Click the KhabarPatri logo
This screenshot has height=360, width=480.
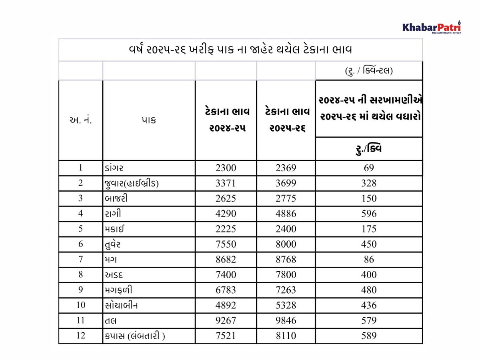pos(431,28)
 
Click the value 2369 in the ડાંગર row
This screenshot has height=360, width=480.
pos(286,168)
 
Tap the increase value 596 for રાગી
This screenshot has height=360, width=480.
pos(368,214)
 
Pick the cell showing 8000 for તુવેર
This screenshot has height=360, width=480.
pos(286,244)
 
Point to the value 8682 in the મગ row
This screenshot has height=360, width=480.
pos(226,259)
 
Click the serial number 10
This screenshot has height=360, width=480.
pos(80,305)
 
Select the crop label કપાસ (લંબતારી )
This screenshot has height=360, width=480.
pos(134,335)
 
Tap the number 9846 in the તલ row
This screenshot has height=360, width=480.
pos(286,320)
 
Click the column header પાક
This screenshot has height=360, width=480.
pos(148,120)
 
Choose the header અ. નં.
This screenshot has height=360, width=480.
pos(80,120)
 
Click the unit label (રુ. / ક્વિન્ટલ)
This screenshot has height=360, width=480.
pos(368,71)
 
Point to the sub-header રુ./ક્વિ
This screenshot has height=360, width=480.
pos(368,149)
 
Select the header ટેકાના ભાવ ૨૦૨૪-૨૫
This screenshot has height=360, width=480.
pos(226,120)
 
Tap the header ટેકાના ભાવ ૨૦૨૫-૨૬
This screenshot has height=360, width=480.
pos(286,120)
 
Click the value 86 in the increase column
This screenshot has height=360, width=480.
pos(368,259)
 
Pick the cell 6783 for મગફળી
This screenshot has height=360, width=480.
pos(226,290)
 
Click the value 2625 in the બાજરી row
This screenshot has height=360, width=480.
pos(226,198)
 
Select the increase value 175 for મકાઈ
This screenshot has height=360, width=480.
pos(368,229)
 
